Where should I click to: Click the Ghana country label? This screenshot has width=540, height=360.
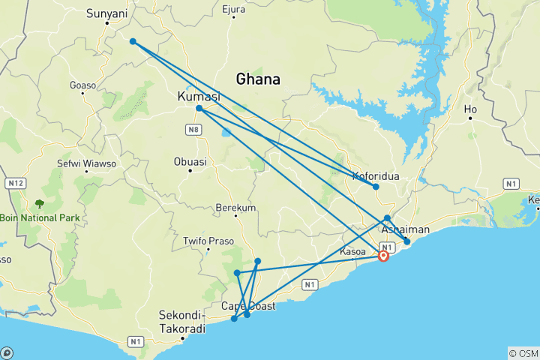pyautogui.click(x=258, y=79)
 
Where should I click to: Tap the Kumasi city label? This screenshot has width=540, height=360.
pyautogui.click(x=198, y=97)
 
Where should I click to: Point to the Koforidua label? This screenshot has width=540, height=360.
pyautogui.click(x=376, y=177)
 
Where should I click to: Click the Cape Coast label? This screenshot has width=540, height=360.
pyautogui.click(x=248, y=306)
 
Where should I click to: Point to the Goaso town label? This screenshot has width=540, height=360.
pyautogui.click(x=83, y=85)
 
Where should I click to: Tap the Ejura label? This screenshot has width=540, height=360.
pyautogui.click(x=234, y=10)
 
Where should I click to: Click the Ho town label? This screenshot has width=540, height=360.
pyautogui.click(x=471, y=109)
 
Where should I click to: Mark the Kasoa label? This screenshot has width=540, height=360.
pyautogui.click(x=352, y=252)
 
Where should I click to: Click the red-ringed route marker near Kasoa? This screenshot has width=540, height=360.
pyautogui.click(x=383, y=256)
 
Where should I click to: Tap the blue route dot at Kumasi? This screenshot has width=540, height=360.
pyautogui.click(x=199, y=109)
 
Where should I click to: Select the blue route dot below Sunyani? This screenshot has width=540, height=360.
pyautogui.click(x=133, y=41)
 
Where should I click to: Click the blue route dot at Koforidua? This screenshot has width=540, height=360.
pyautogui.click(x=376, y=187)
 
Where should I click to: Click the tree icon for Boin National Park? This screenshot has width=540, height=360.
pyautogui.click(x=38, y=203)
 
